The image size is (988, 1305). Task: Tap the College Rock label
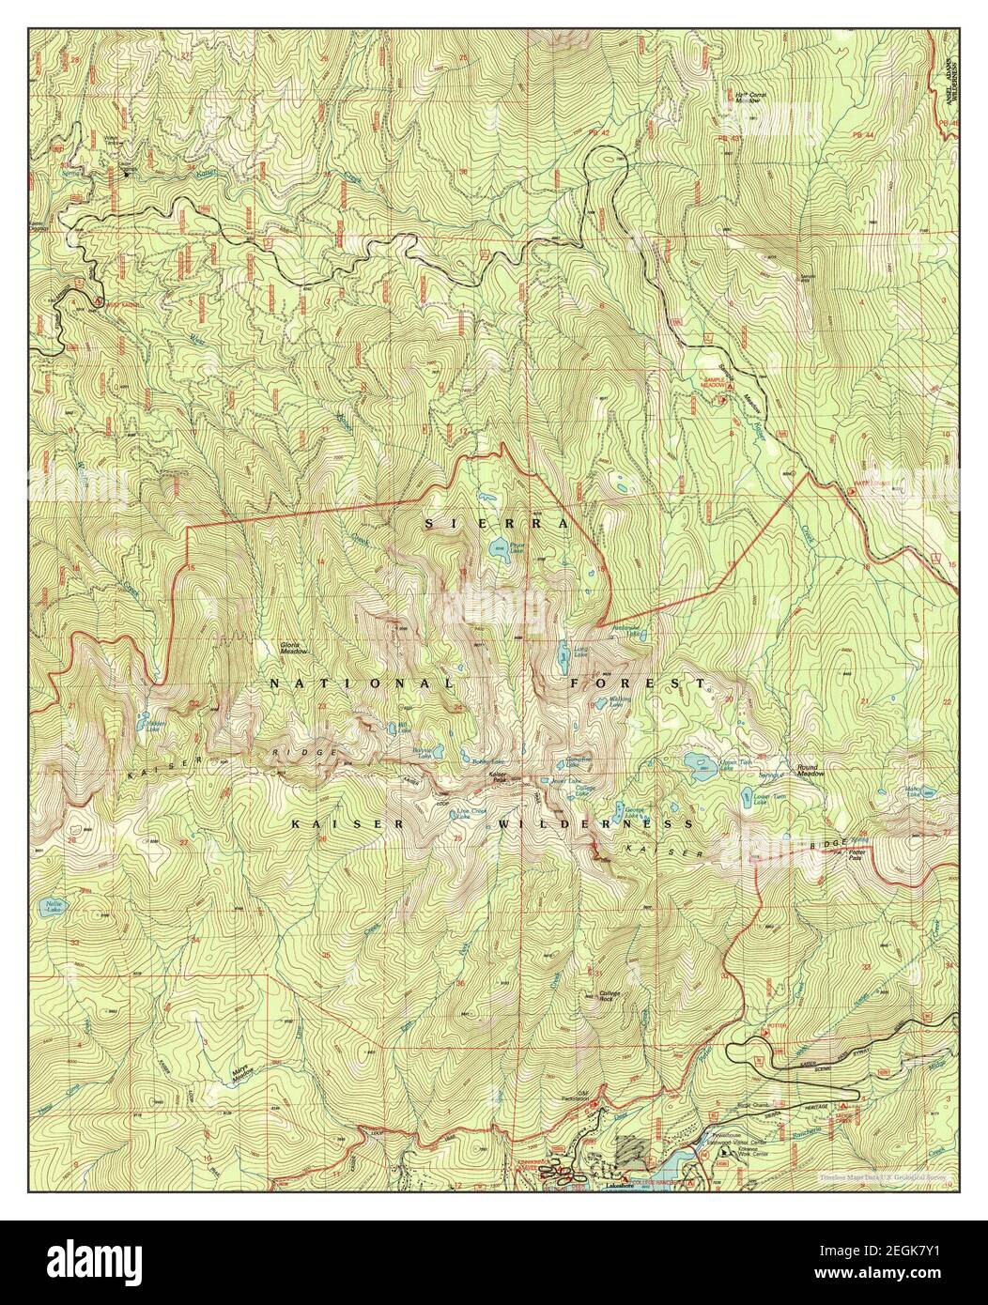pyautogui.click(x=611, y=997)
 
